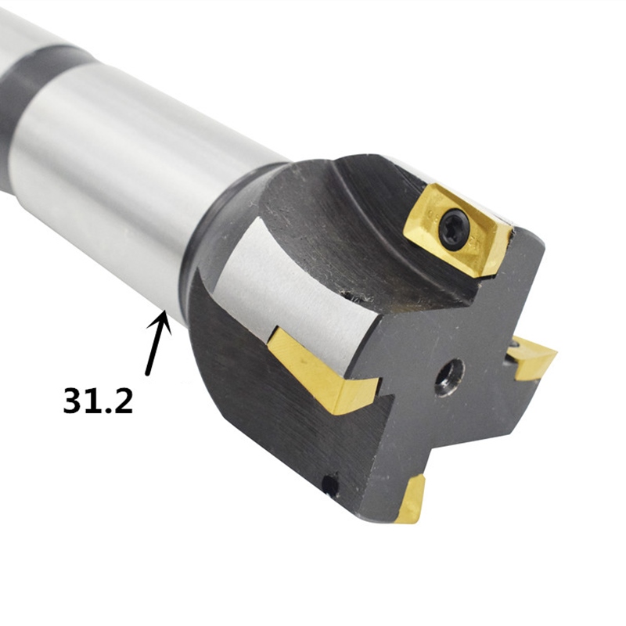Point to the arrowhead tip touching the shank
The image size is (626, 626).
(x=164, y=313)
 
